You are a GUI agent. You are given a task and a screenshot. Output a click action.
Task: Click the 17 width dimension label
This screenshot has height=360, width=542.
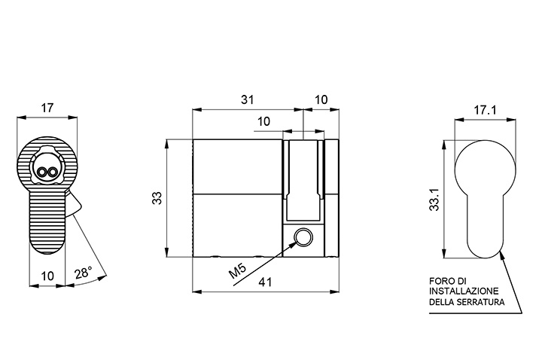[x=47, y=108]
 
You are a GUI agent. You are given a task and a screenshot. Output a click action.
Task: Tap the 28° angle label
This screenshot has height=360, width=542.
[x=84, y=272]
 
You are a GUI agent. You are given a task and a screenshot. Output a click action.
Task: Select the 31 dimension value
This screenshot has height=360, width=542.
[x=247, y=99]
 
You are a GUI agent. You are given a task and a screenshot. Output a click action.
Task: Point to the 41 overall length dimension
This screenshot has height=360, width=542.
[x=266, y=282]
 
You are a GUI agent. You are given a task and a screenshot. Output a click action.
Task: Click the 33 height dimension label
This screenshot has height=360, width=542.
[x=157, y=198]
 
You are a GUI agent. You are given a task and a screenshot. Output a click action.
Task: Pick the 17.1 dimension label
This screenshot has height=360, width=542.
[x=485, y=110]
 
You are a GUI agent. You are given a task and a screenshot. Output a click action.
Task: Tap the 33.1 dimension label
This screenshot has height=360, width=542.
[x=434, y=200]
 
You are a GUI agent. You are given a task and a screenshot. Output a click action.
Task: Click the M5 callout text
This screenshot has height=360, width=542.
[x=238, y=270]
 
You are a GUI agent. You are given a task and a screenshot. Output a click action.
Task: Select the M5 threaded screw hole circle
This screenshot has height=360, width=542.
[x=303, y=237]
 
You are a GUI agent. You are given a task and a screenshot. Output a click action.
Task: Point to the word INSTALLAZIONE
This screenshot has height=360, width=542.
[x=464, y=291]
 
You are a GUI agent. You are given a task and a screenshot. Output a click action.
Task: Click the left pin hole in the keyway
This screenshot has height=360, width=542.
[x=42, y=172]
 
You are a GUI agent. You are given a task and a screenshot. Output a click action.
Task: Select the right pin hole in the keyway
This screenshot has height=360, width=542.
[x=52, y=172]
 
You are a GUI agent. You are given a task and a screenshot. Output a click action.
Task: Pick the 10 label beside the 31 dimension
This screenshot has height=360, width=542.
[x=321, y=99]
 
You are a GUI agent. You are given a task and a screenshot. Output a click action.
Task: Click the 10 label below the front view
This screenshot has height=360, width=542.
[x=47, y=276]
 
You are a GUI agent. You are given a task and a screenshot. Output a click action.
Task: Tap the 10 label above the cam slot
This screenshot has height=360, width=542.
[x=263, y=122]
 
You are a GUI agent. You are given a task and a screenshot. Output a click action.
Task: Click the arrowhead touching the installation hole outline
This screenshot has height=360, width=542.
[x=501, y=254]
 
